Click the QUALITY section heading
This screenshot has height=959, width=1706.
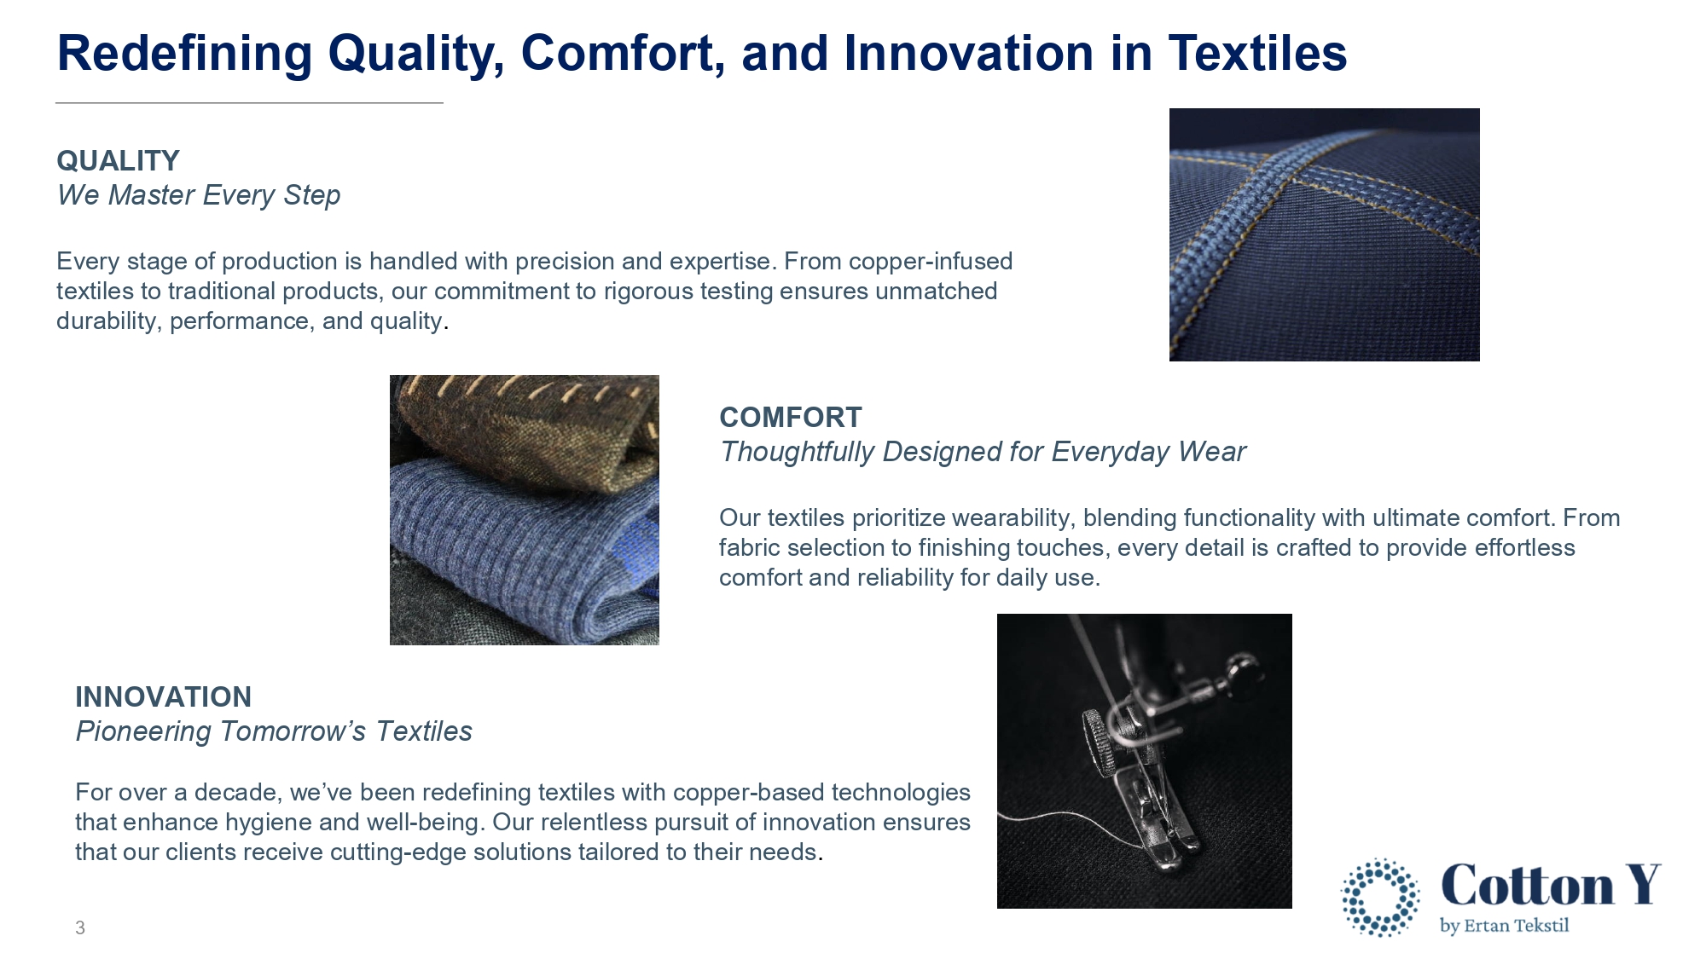tap(118, 161)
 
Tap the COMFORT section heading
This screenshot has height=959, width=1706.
tap(790, 418)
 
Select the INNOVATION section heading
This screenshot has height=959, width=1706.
tap(163, 697)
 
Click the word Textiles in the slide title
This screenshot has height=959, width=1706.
tap(1257, 53)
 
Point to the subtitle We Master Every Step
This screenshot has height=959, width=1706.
tap(199, 195)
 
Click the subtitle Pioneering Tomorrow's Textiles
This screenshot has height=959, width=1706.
tap(274, 731)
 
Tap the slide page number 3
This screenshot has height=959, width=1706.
tap(80, 927)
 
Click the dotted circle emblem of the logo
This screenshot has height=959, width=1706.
tap(1380, 898)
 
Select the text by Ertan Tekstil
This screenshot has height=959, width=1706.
tap(1504, 926)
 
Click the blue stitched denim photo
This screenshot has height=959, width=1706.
tap(1324, 234)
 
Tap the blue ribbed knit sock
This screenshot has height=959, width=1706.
tap(522, 546)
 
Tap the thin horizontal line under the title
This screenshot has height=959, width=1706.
tap(249, 103)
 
